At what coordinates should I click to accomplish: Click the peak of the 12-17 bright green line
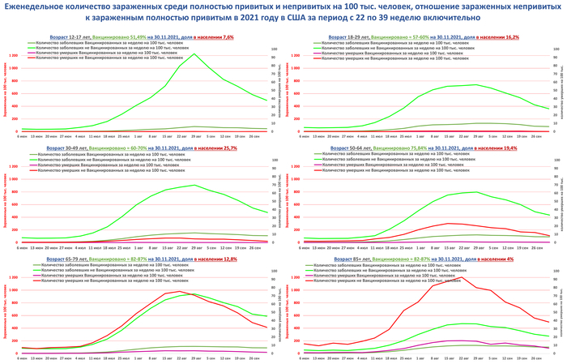(194, 54)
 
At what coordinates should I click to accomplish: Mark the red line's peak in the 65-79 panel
(180, 292)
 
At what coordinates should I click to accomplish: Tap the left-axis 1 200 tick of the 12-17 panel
(12, 55)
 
